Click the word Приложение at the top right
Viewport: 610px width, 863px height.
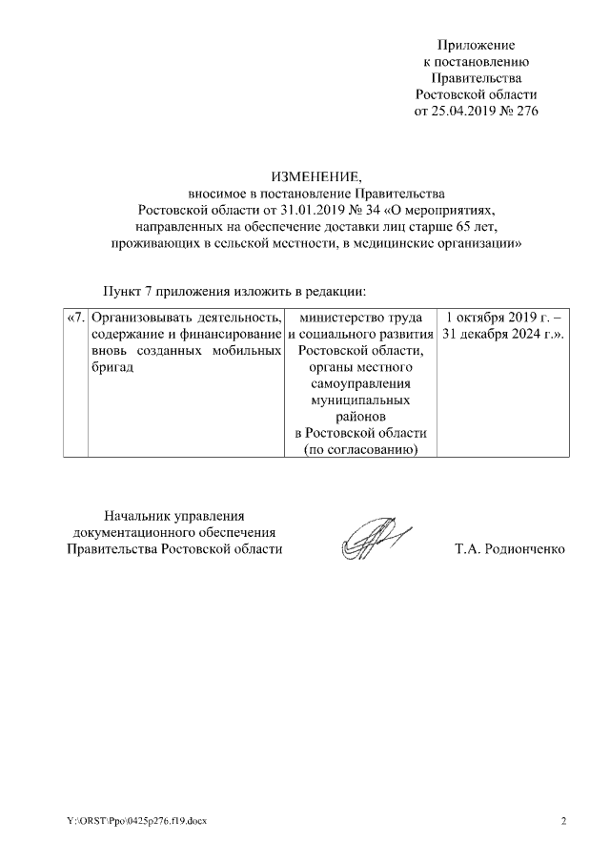[x=476, y=45]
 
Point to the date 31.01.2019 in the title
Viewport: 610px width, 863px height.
[x=278, y=209]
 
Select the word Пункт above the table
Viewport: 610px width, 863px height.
[x=123, y=290]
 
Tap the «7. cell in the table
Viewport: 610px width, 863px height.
[x=76, y=317]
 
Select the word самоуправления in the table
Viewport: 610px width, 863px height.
[x=361, y=384]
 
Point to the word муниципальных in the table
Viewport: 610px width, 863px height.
[x=361, y=401]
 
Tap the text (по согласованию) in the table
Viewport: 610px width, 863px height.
[x=361, y=450]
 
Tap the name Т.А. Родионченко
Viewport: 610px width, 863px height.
[x=510, y=549]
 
